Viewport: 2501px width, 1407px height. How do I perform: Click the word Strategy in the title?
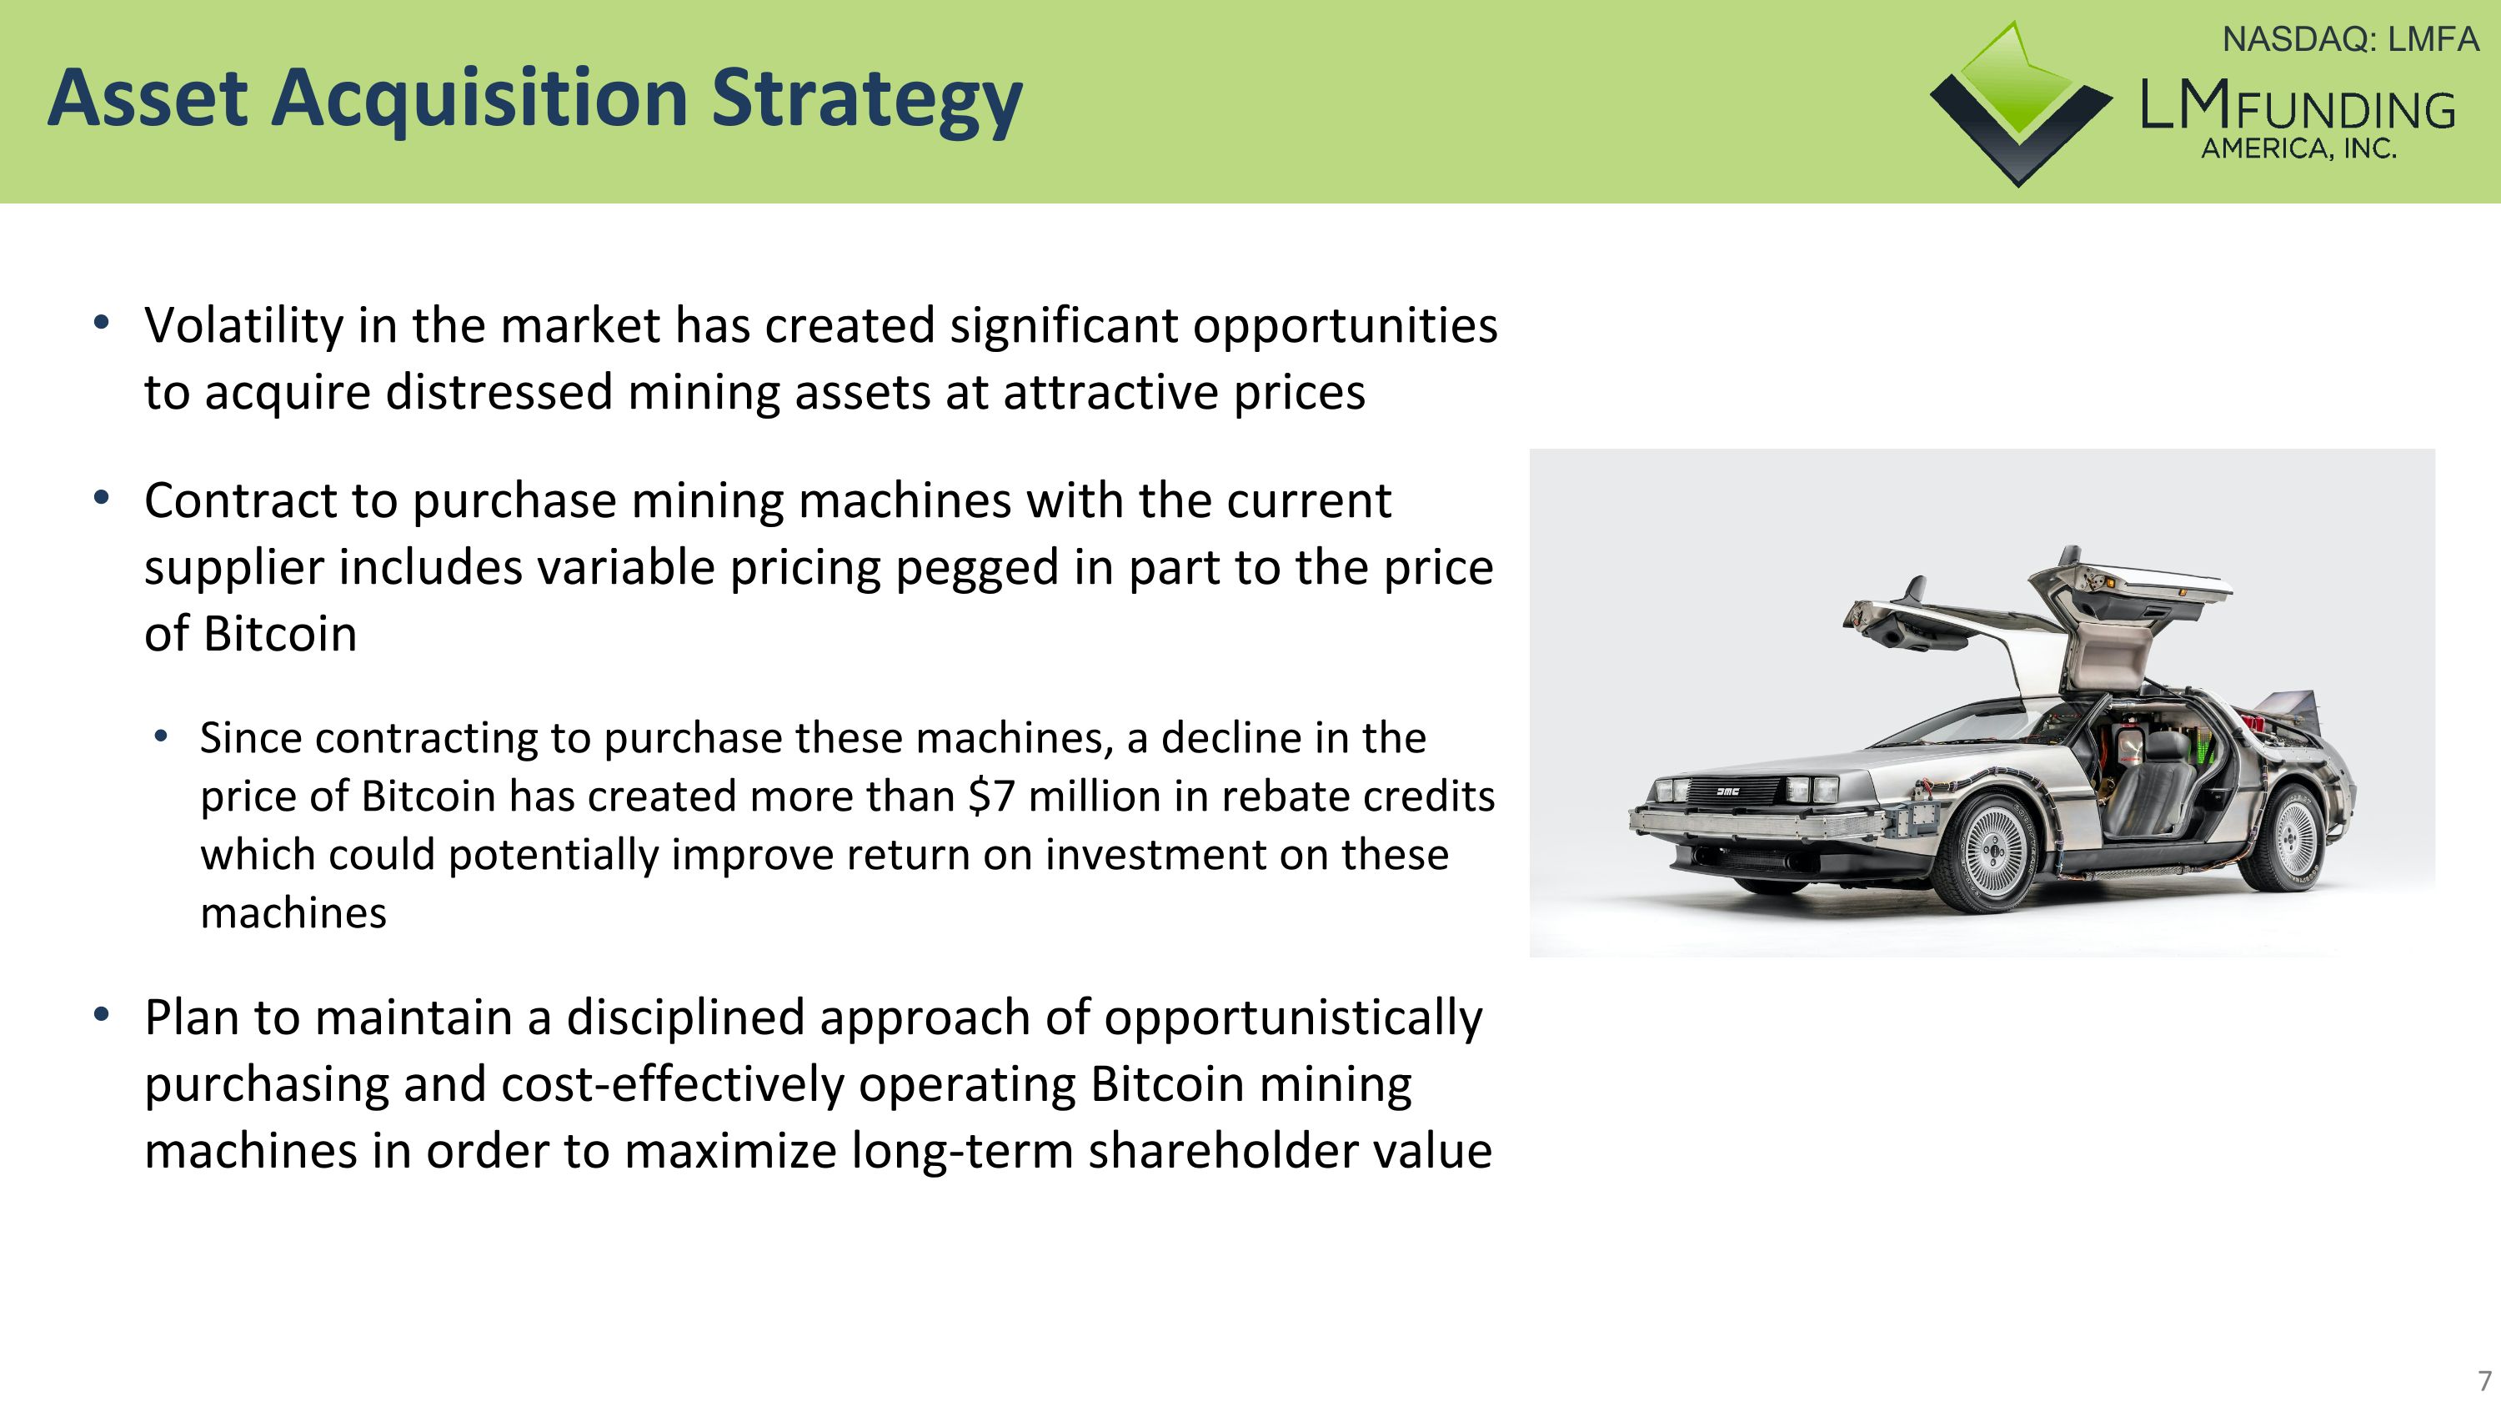coord(866,99)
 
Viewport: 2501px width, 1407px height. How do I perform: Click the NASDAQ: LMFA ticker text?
coord(2349,40)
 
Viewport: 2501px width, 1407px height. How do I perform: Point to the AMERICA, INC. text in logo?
coord(2298,149)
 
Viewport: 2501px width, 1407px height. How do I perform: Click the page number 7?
coord(2484,1379)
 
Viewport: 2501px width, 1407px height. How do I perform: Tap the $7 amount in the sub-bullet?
coord(991,797)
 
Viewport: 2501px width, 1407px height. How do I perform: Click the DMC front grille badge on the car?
coord(1727,791)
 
